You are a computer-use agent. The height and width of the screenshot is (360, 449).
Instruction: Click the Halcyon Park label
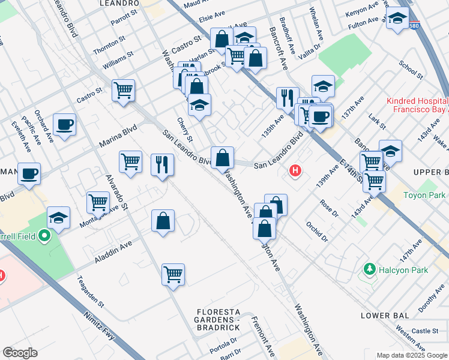(403, 270)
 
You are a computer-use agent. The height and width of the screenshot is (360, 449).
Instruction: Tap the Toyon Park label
(424, 195)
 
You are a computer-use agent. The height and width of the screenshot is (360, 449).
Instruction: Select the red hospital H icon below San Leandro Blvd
(295, 171)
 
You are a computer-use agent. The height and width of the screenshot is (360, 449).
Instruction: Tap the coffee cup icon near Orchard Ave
(64, 125)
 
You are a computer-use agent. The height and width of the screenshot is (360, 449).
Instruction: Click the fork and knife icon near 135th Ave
(288, 97)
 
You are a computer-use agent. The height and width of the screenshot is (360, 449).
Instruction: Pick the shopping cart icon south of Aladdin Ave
(173, 274)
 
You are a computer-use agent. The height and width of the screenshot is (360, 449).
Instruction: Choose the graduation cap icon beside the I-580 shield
(397, 19)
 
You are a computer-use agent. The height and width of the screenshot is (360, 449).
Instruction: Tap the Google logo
(20, 353)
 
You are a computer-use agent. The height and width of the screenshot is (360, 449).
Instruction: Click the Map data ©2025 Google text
(411, 355)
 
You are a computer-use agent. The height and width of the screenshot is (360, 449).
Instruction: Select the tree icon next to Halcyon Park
(370, 270)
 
